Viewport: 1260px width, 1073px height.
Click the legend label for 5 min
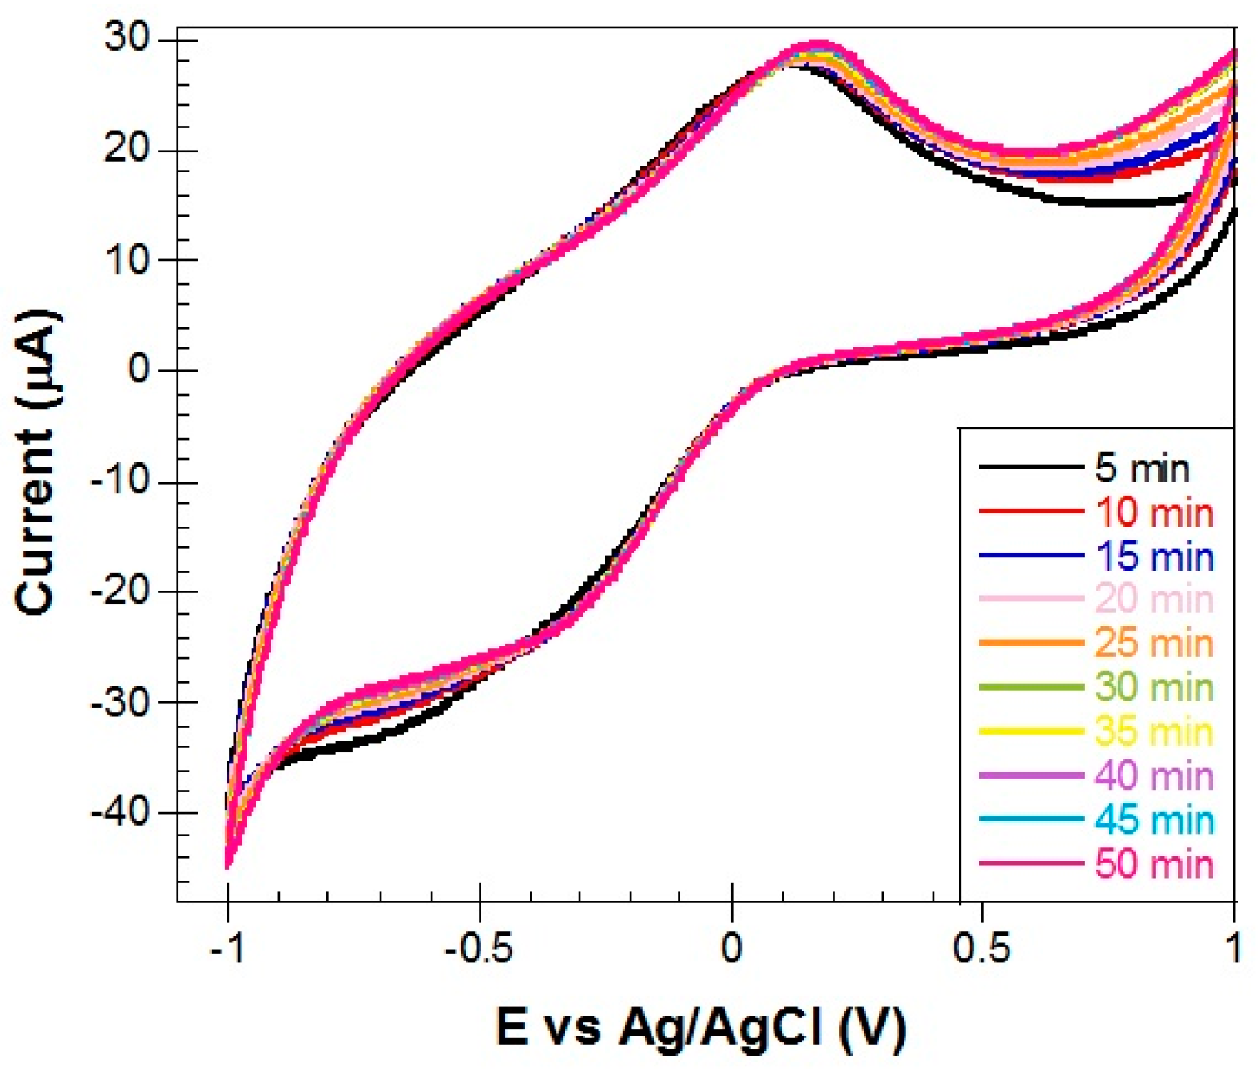(x=1142, y=468)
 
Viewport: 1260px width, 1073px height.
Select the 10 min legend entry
(x=1154, y=512)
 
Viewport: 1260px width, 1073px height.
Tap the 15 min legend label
(x=1154, y=556)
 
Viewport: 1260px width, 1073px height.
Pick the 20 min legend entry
(x=1154, y=600)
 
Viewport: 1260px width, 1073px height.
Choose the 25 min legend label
(x=1154, y=644)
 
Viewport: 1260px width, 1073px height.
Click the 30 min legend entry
(x=1154, y=688)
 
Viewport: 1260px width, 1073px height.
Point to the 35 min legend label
(x=1154, y=732)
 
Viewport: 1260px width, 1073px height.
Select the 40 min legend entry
(x=1154, y=776)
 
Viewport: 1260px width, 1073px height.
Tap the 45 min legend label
(x=1154, y=821)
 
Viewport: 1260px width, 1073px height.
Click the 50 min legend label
(x=1154, y=865)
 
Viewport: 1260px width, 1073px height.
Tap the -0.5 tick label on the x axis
(x=478, y=948)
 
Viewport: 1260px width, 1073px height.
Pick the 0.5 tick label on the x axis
(x=982, y=948)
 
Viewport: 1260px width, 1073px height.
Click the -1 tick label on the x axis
(x=227, y=948)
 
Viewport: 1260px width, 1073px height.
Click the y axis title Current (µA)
(x=37, y=462)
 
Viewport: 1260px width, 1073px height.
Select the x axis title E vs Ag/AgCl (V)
(x=700, y=1026)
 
